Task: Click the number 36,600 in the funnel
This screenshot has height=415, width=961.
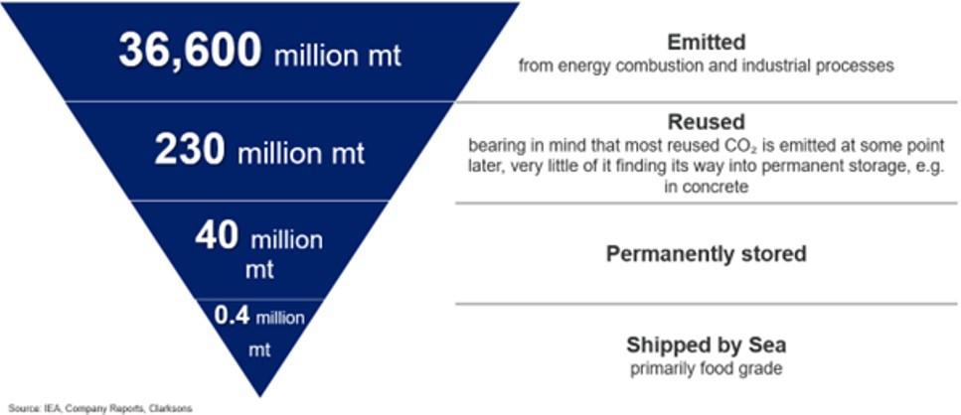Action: (190, 51)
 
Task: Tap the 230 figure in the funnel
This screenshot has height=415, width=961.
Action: (190, 150)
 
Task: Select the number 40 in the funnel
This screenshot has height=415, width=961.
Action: (217, 235)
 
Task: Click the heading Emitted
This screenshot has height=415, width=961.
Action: (706, 43)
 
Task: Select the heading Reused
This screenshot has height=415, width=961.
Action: (706, 122)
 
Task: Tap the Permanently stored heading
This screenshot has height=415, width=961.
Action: (706, 254)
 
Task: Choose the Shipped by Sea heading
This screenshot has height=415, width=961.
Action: (706, 346)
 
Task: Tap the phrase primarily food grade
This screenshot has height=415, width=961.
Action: (706, 369)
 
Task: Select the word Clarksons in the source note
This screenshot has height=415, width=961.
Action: (175, 408)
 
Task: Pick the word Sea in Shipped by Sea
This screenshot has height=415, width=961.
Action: (767, 346)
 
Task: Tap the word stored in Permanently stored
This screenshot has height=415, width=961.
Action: (778, 254)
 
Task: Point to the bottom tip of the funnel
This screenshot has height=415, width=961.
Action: (260, 397)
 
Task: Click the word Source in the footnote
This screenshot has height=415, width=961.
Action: (20, 408)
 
